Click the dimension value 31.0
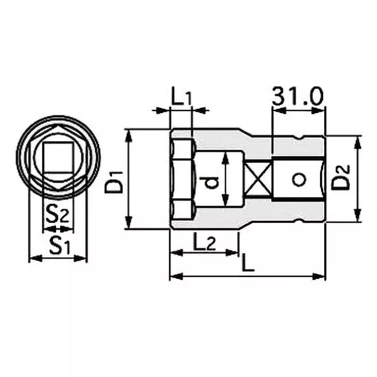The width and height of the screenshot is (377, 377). point(297,97)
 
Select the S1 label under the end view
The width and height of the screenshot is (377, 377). point(57,246)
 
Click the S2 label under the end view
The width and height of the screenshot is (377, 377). point(57,216)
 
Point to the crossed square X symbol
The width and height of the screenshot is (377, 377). point(257,179)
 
